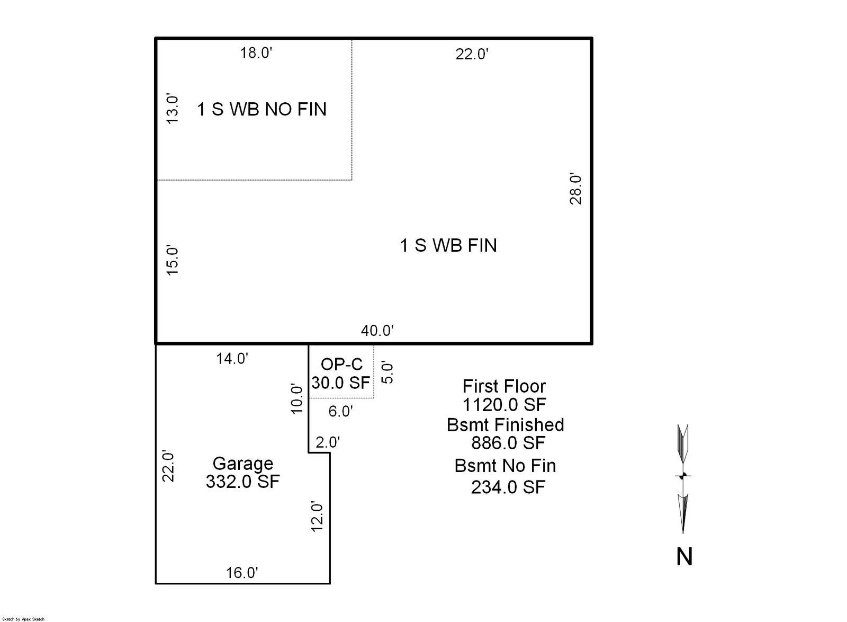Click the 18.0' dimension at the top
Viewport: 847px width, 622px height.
click(256, 53)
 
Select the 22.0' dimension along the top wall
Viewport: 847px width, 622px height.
click(472, 54)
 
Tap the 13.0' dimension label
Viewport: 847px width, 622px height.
click(173, 109)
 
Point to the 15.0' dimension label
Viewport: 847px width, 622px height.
click(173, 260)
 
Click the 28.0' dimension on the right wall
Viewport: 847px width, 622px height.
click(576, 189)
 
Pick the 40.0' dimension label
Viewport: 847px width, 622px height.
click(377, 331)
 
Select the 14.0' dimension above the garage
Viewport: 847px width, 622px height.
click(232, 359)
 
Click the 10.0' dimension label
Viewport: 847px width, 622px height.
click(297, 399)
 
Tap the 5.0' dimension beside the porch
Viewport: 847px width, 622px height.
click(388, 372)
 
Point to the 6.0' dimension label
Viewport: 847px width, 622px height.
click(340, 411)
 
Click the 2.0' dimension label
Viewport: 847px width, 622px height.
click(328, 442)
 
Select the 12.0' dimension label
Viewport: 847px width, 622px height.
click(317, 516)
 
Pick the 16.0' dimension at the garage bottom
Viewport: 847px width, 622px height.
click(242, 573)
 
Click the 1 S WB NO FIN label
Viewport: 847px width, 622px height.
click(262, 109)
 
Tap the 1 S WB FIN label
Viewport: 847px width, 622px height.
click(448, 245)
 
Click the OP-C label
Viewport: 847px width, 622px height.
click(341, 365)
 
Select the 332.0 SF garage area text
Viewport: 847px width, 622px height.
click(242, 482)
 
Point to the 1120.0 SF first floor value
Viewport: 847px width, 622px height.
click(504, 405)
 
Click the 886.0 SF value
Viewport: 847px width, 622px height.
click(508, 442)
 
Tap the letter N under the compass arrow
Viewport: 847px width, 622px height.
click(684, 557)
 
